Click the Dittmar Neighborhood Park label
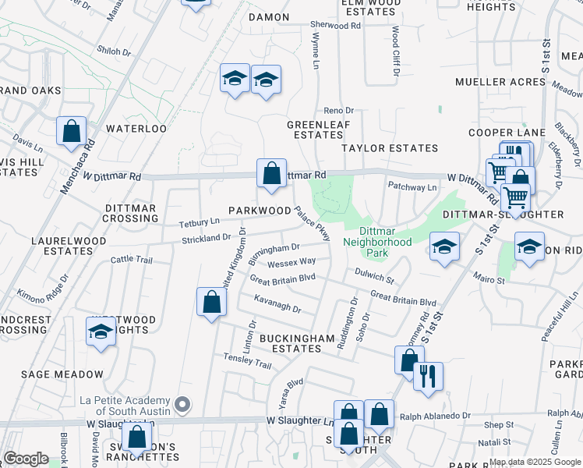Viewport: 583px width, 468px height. point(377,242)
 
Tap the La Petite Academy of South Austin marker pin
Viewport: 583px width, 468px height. point(182,404)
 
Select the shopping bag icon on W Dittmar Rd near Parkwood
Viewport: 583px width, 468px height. point(271,173)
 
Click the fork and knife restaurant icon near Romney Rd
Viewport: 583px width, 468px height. point(428,376)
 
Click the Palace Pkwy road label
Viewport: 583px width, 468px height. point(313,223)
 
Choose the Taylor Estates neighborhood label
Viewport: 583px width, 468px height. point(390,147)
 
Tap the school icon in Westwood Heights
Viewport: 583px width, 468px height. point(100,331)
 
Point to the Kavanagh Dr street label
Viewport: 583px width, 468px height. point(277,303)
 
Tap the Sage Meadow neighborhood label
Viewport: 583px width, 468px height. point(62,374)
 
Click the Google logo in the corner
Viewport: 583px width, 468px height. point(26,458)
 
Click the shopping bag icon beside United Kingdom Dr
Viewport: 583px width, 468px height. point(211,302)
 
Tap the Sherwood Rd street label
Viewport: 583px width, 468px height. point(336,26)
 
